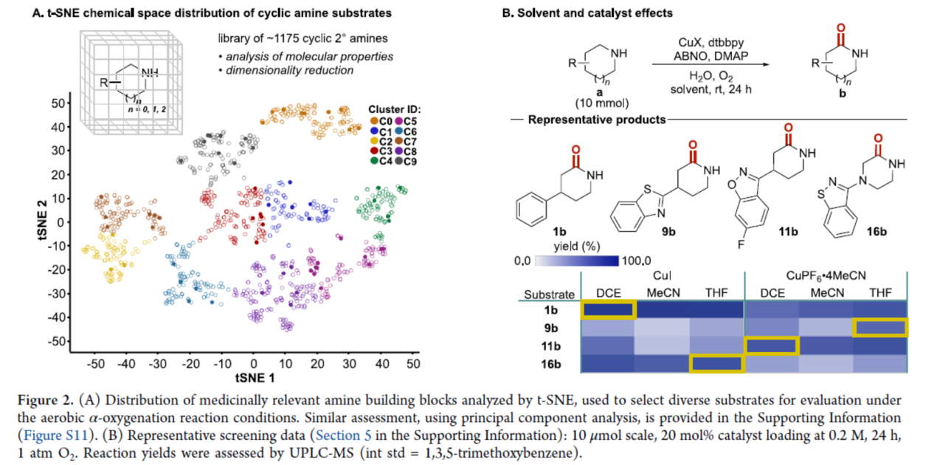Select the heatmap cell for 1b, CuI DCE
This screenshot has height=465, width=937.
[x=608, y=309]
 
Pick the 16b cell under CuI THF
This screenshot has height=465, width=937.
[x=717, y=363]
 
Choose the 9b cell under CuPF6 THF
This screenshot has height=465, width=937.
[x=879, y=327]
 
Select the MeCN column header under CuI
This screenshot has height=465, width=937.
[x=663, y=292]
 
